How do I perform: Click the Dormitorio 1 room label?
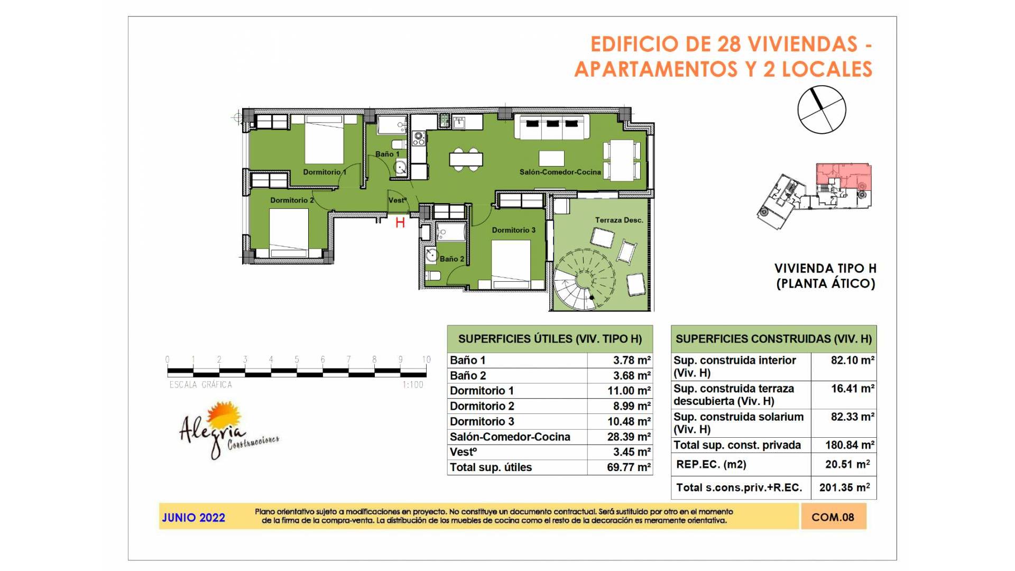[x=325, y=172]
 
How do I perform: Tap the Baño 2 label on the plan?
[x=452, y=259]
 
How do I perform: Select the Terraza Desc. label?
[x=619, y=220]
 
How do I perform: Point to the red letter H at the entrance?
[x=400, y=223]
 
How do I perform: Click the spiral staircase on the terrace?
[x=584, y=280]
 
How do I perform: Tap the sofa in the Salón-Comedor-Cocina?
[x=552, y=127]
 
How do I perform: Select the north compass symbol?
[x=822, y=109]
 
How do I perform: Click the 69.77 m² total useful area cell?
[x=629, y=467]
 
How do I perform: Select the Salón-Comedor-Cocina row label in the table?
[x=510, y=437]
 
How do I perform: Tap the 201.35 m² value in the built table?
[x=845, y=487]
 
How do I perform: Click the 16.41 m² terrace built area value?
[x=852, y=389]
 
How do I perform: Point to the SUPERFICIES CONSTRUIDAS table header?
[x=774, y=339]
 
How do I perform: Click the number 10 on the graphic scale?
[x=426, y=360]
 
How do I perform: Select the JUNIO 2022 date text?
[x=193, y=518]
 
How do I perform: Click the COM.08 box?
[x=833, y=517]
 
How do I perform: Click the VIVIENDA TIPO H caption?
[x=825, y=269]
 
